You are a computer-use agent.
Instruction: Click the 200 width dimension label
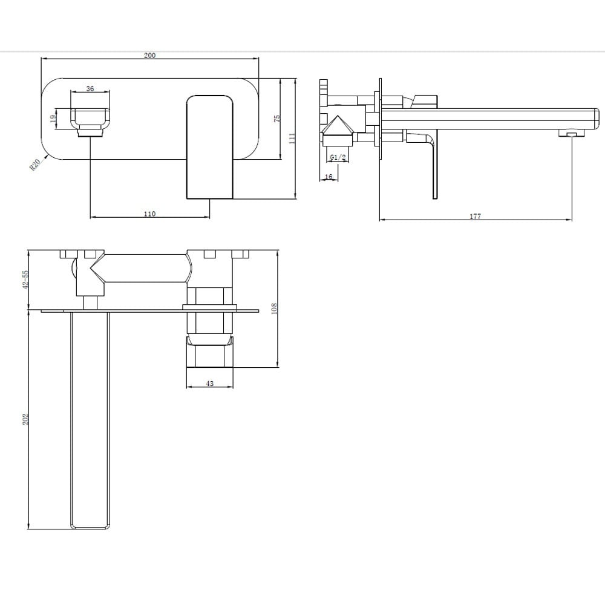coord(149,55)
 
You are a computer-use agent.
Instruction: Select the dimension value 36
coord(90,88)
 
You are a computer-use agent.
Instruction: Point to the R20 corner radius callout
coord(35,165)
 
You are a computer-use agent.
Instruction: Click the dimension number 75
coord(276,119)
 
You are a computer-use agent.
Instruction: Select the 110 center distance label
coord(149,214)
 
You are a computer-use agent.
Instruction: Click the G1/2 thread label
coord(338,158)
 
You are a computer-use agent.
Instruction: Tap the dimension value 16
coord(329,177)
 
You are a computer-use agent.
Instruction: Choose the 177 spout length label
coord(475,217)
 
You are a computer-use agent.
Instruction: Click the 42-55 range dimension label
coord(25,279)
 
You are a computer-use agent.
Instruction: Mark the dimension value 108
coord(273,309)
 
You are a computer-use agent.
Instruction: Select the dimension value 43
coord(209,384)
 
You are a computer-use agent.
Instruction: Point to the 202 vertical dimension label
coord(25,419)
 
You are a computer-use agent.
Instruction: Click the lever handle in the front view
coord(209,145)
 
